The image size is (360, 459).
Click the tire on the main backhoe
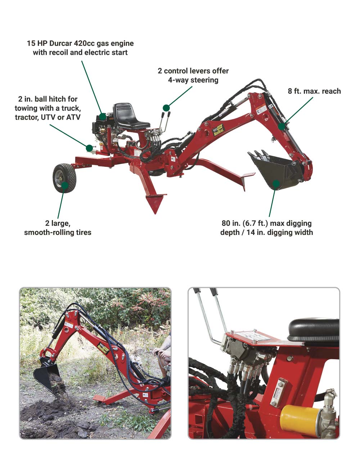point(64,178)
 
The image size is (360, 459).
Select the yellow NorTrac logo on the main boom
point(219,130)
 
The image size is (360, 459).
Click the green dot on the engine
point(103,117)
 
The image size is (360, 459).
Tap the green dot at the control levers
point(166,108)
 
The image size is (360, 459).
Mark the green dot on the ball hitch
point(90,148)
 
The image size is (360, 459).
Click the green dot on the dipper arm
point(281,126)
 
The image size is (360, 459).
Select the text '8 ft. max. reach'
point(314,91)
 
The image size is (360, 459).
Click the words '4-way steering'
point(193,80)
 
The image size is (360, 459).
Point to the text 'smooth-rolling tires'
point(58,232)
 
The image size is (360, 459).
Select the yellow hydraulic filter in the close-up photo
point(300,415)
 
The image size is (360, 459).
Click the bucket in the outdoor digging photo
point(46,367)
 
